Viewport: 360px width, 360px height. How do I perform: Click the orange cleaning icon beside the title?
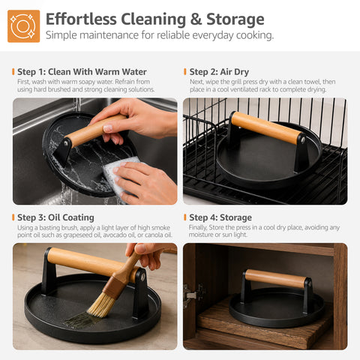[x=23, y=26]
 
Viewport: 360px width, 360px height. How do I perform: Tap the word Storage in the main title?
[x=235, y=19]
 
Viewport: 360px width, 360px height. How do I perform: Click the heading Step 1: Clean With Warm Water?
[x=82, y=72]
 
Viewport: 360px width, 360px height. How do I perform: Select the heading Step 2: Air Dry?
[x=219, y=72]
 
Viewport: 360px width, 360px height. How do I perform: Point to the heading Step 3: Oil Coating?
[x=55, y=217]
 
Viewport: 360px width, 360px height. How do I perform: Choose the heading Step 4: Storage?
[x=220, y=217]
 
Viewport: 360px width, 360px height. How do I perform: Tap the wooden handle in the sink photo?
[x=96, y=130]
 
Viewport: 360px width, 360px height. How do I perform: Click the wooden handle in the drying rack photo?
[x=267, y=127]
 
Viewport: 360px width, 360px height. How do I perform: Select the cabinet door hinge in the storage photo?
[x=193, y=295]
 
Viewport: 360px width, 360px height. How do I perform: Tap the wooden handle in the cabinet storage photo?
[x=275, y=278]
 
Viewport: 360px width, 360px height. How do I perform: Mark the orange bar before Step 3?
[x=13, y=217]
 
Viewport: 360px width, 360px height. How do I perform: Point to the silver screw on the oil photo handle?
[x=142, y=276]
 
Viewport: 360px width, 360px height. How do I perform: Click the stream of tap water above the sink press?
[x=78, y=105]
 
